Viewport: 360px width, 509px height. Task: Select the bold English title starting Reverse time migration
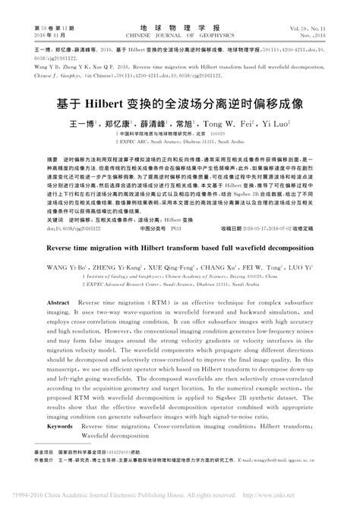[180, 248]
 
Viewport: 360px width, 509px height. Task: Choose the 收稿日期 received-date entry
[235, 226]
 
